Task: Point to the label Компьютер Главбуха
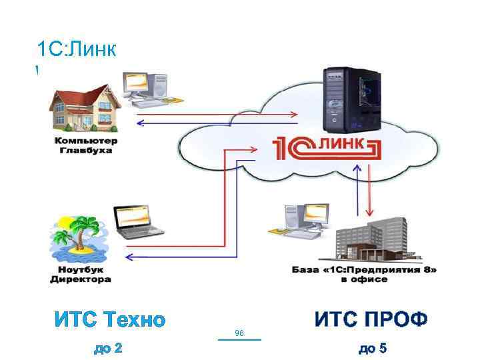(85, 145)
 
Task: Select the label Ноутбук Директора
(81, 275)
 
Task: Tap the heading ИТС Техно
(109, 320)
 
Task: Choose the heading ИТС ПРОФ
(371, 319)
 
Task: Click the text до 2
(109, 348)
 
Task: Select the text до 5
(373, 348)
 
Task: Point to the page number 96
(240, 332)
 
